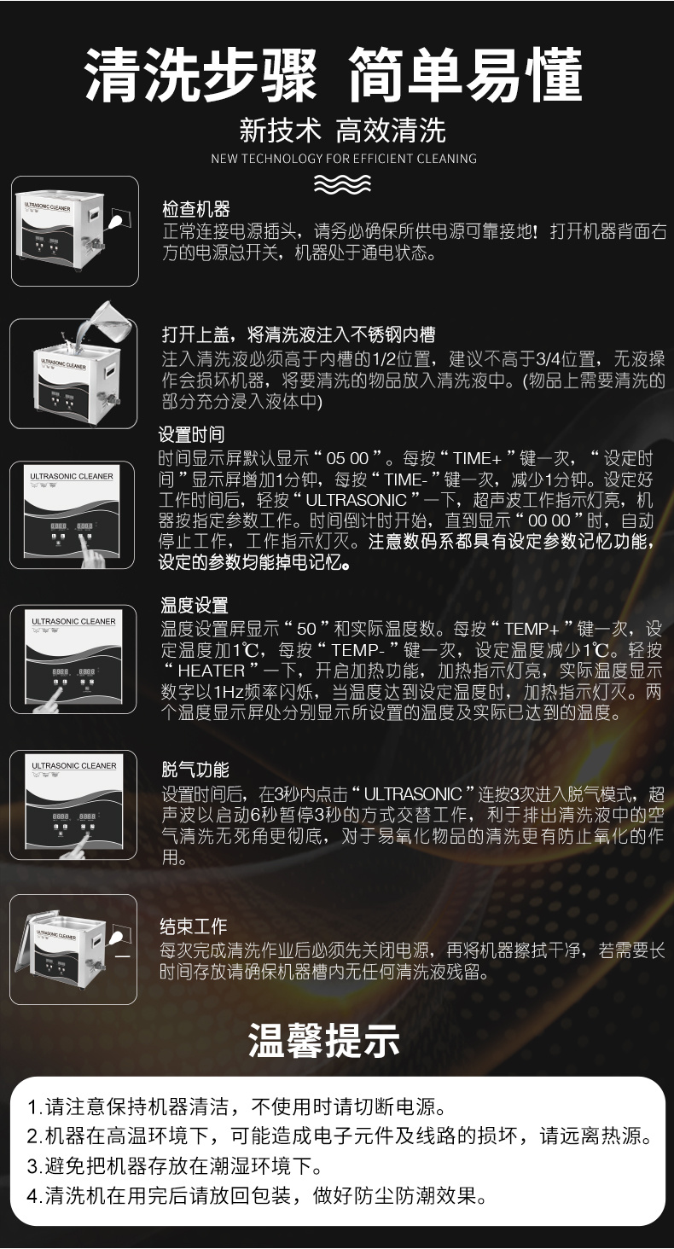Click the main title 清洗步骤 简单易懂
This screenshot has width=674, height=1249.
tap(335, 75)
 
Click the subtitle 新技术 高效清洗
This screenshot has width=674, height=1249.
tap(341, 131)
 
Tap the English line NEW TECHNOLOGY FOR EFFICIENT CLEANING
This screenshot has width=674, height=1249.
tap(343, 158)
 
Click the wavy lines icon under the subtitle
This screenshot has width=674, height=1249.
tap(342, 183)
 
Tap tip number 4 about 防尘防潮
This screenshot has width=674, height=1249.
tap(257, 1195)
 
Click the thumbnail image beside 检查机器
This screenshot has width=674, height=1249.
tap(74, 231)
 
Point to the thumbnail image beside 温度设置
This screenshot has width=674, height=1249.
tap(74, 659)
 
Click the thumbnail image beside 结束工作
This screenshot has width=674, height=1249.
tap(74, 950)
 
